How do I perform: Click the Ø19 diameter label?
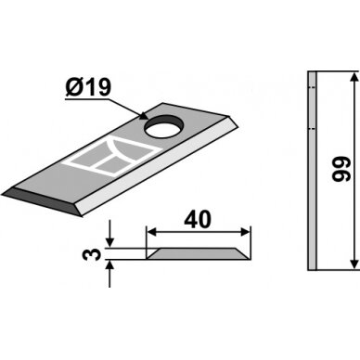pos(88,87)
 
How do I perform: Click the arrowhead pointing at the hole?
pos(143,116)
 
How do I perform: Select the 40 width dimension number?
pos(198,219)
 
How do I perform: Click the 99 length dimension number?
pos(341,169)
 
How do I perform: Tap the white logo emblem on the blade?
pos(112,157)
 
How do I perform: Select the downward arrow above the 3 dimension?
pos(110,234)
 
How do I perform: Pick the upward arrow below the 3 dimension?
pos(110,274)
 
